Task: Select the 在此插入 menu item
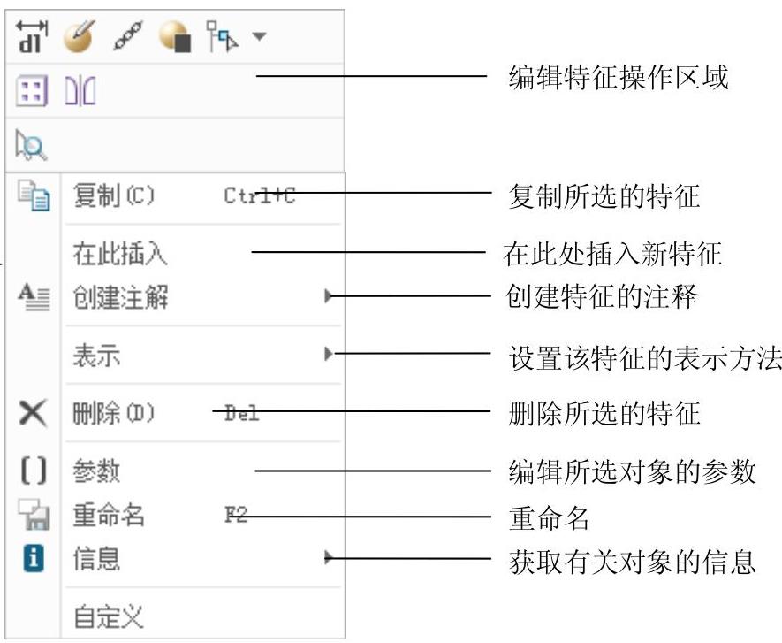(120, 255)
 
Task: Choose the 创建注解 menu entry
(120, 298)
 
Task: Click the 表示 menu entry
(96, 356)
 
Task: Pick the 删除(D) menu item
(113, 413)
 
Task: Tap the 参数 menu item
(96, 471)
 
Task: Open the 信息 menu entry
(96, 558)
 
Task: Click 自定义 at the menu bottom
(108, 616)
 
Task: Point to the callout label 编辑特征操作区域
(619, 78)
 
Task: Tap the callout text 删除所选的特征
(605, 413)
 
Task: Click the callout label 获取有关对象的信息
(633, 562)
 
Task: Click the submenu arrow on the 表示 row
(329, 356)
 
